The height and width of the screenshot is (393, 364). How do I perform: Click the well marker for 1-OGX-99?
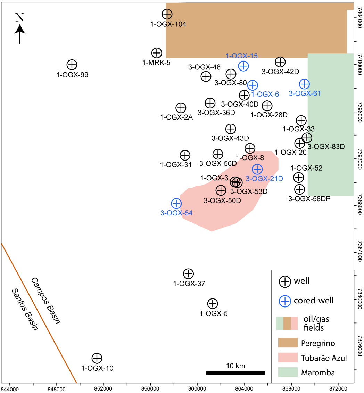click(72, 64)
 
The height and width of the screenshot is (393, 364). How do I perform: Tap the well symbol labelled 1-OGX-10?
click(97, 358)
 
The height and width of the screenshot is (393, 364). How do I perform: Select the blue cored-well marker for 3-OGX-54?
click(176, 203)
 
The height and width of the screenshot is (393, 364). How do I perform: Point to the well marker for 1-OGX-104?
click(167, 14)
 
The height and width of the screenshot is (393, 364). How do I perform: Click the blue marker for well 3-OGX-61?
click(305, 84)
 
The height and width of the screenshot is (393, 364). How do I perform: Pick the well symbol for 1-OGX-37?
click(188, 273)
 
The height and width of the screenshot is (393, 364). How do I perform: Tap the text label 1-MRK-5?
click(156, 63)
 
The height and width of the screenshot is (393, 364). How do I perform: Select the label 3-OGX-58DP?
click(309, 199)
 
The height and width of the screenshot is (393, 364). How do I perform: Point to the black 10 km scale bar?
click(235, 373)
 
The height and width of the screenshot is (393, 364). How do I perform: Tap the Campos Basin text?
click(45, 301)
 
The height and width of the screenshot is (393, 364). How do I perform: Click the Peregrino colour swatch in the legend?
click(288, 343)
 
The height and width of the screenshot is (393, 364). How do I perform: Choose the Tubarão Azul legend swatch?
click(288, 358)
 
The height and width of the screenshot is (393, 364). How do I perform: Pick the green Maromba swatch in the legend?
click(288, 372)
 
